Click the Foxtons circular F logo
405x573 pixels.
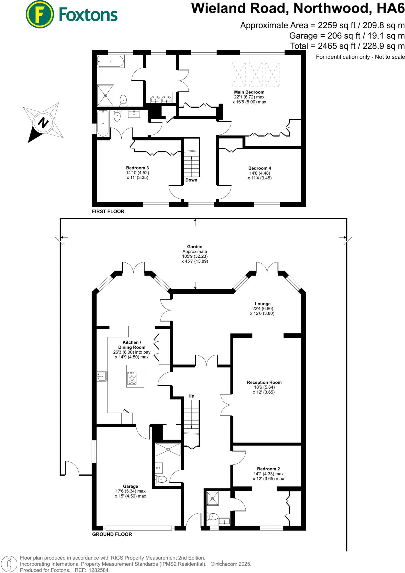39,14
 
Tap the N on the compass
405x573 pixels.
43,123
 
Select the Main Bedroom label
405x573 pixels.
249,92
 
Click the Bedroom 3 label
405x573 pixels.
137,168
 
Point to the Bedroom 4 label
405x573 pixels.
260,168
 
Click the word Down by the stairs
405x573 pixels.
191,180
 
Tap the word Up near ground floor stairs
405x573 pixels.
191,396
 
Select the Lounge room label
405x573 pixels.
263,304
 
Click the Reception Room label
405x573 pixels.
264,382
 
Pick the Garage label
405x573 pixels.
131,486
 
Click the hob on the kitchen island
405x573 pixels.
132,379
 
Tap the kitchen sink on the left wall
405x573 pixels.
102,376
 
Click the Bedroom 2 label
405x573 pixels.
268,469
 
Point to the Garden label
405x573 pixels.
195,247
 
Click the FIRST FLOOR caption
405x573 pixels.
108,212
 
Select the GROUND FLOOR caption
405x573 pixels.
112,534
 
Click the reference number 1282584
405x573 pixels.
98,570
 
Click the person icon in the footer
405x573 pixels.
9,564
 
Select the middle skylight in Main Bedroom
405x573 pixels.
255,74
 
